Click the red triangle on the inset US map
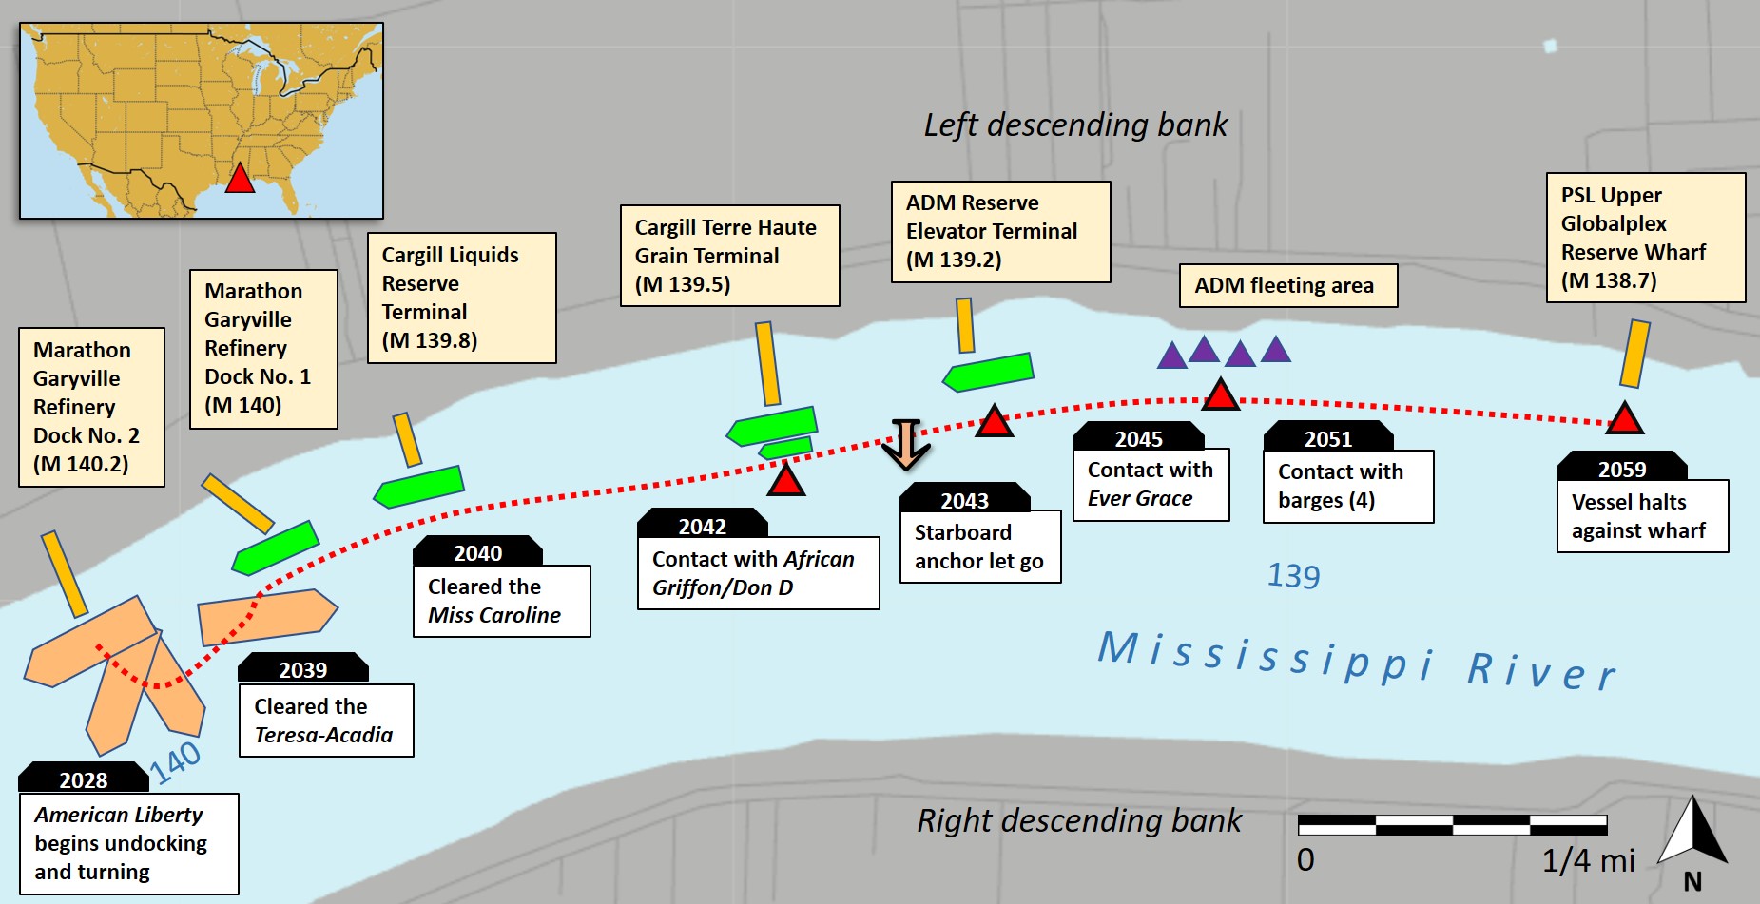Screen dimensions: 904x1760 (x=240, y=179)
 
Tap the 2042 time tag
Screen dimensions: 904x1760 (x=702, y=526)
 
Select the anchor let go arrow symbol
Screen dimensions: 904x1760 (x=905, y=444)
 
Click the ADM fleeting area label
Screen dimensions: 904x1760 (x=1287, y=285)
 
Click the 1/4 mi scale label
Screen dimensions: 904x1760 (x=1588, y=860)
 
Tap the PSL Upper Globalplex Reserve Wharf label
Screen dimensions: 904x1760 (x=1645, y=238)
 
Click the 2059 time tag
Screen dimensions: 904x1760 (x=1621, y=469)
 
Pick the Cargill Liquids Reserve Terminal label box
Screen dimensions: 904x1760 (x=461, y=298)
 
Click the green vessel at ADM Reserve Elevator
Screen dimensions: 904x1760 (x=988, y=372)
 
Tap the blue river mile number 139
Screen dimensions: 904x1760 (x=1293, y=576)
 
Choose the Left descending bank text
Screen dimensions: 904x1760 (x=1075, y=125)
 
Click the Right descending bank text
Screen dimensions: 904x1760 (x=1078, y=820)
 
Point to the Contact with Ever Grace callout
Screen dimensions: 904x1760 (x=1151, y=484)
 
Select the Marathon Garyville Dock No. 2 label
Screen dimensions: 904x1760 (x=91, y=407)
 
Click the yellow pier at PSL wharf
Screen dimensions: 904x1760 (x=1634, y=354)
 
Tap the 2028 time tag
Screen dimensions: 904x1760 (x=84, y=779)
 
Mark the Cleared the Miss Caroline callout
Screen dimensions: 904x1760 (x=501, y=601)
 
